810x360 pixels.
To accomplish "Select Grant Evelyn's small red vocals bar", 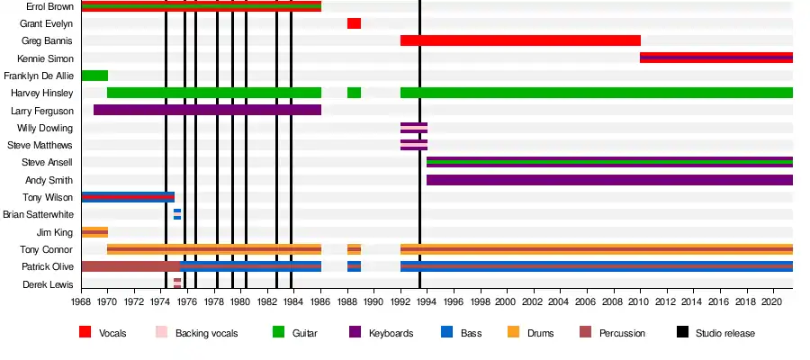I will point(354,23).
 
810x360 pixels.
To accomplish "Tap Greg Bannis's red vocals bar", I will point(520,40).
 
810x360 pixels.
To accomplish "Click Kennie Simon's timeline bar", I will point(716,58).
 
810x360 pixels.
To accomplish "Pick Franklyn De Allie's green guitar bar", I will point(94,76).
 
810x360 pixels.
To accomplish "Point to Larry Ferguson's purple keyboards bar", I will point(207,110).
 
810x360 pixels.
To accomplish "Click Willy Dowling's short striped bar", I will point(414,128).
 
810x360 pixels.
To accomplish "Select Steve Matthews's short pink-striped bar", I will point(414,145).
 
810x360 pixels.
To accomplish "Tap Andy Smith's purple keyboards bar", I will point(609,180).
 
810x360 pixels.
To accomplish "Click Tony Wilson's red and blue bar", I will point(128,197).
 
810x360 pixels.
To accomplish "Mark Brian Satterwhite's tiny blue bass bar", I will point(177,214).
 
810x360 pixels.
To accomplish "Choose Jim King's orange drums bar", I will point(94,232).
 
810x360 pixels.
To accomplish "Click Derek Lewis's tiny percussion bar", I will point(177,283).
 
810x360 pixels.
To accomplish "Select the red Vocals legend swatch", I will point(85,333).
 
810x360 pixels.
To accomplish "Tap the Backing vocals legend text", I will point(208,333).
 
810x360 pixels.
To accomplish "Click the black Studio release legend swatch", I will point(681,333).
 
